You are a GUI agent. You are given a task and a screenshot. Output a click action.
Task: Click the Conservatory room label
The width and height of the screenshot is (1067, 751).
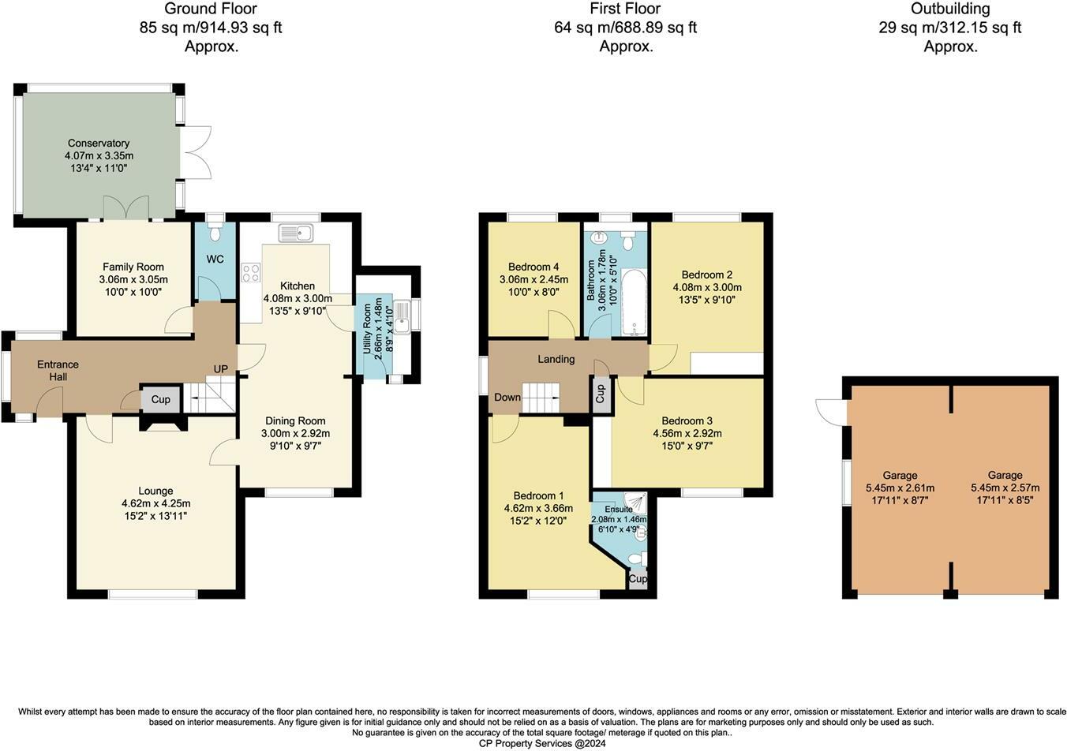coord(99,143)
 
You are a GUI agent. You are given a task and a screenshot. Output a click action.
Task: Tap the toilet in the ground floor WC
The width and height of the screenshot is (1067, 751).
coord(215,230)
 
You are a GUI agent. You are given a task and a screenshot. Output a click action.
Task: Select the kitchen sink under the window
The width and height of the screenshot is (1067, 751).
coord(295,234)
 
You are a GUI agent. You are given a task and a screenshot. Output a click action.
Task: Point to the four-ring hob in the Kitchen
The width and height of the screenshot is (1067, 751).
coord(250,273)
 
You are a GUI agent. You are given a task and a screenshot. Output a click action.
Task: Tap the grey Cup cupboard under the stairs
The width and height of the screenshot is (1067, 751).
coord(160,399)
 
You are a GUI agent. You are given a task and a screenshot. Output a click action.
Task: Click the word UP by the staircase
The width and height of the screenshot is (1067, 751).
coord(220,369)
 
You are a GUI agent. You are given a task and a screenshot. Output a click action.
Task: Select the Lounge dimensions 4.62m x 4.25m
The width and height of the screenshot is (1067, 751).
coord(155,503)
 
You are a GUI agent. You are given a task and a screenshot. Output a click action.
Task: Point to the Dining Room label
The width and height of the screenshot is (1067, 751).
coord(295,421)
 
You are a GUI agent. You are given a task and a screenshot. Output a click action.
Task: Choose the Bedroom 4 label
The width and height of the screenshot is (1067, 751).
coord(533,267)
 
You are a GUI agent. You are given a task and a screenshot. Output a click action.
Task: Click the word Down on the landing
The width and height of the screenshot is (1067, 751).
coord(507,397)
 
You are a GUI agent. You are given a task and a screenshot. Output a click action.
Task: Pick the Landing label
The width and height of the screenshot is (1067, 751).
coord(556,359)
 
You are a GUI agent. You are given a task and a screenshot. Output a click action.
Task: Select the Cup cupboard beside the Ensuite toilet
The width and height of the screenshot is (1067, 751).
coord(638,578)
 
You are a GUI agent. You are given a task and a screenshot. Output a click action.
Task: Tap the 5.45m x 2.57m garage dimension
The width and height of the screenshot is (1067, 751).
coord(1005,488)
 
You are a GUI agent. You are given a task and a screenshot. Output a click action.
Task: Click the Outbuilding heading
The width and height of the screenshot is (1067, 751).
coord(950,9)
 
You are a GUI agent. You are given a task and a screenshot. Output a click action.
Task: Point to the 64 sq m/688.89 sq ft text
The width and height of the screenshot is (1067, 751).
coord(625,28)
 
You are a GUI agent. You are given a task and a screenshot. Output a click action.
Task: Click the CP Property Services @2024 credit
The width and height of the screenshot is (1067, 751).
coord(542,743)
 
